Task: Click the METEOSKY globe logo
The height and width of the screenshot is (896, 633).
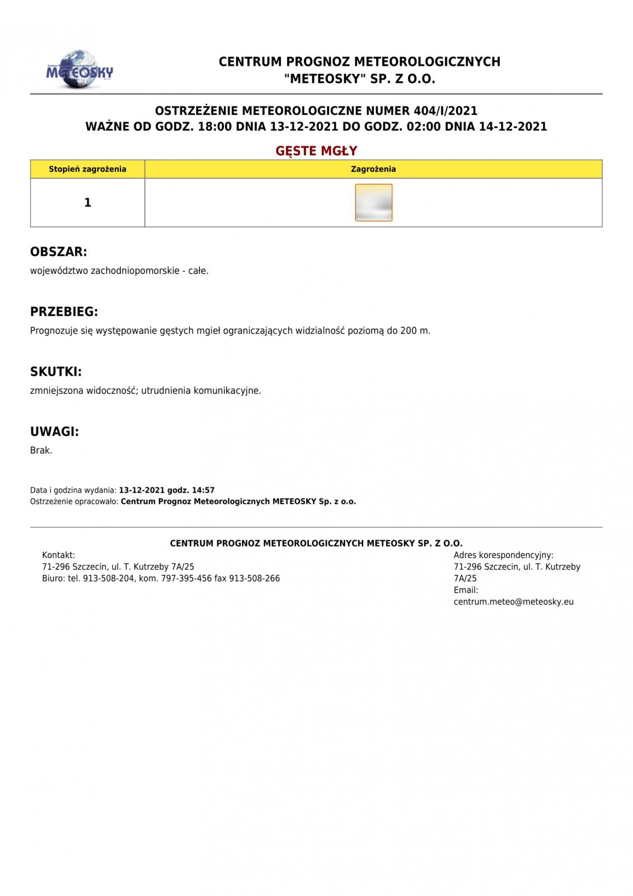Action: tap(79, 70)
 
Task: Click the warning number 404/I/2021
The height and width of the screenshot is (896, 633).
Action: tap(446, 111)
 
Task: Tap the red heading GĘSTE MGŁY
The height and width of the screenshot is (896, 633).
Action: tap(316, 151)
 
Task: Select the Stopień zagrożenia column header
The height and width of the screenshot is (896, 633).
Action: tap(87, 169)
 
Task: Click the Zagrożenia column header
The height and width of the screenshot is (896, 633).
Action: tap(373, 169)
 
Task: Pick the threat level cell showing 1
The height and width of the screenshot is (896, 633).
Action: tap(87, 203)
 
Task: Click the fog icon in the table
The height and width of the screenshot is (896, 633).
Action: tap(373, 203)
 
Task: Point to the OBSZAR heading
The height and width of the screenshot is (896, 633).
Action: tap(59, 252)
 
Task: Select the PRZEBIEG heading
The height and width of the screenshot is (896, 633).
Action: tap(64, 312)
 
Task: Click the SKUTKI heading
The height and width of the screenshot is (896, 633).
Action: tap(56, 372)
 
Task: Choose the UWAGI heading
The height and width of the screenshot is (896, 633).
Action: tap(54, 432)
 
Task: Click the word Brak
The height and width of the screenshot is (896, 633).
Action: tap(41, 451)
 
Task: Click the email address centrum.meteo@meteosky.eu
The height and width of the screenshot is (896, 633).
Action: tap(513, 603)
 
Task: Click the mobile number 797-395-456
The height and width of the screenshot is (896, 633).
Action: tap(186, 578)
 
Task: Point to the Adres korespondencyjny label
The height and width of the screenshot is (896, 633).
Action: tap(503, 556)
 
